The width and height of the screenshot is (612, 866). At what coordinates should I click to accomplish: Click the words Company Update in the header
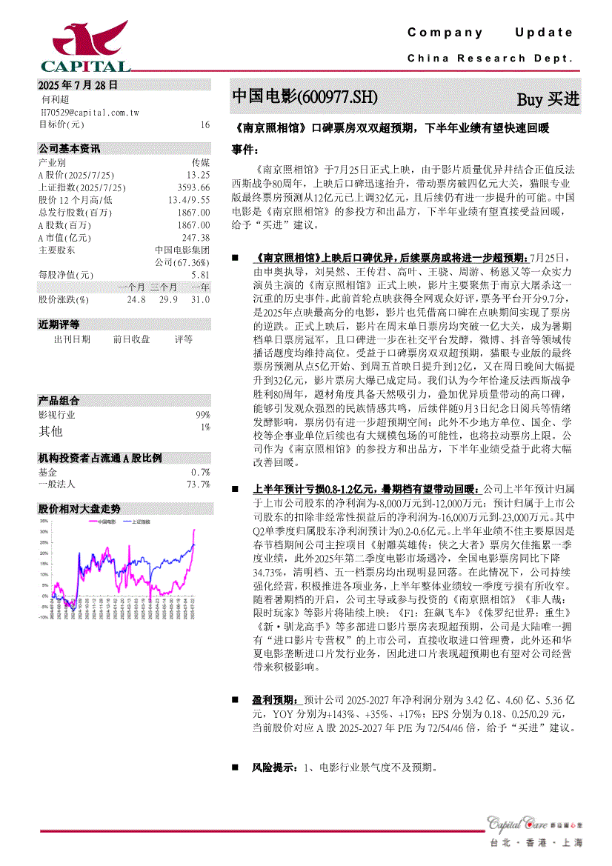tap(490, 33)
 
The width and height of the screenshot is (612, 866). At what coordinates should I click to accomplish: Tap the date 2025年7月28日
tap(78, 85)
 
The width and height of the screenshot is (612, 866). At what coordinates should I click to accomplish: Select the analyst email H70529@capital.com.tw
tap(89, 112)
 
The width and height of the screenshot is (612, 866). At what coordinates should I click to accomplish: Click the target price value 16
tap(204, 124)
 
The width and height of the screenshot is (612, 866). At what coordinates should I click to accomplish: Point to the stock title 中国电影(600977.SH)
tap(305, 97)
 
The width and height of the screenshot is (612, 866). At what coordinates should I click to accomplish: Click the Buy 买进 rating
tap(548, 99)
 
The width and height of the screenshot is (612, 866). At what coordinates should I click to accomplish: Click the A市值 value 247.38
tap(196, 238)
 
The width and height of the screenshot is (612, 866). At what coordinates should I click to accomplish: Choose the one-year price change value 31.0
tap(200, 300)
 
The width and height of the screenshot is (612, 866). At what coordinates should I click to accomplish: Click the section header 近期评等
tap(59, 324)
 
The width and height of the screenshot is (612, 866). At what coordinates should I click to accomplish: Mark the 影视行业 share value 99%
tap(202, 416)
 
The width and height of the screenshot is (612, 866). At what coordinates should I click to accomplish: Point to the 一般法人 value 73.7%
tap(198, 484)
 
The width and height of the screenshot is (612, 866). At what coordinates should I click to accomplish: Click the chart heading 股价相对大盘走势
tap(79, 509)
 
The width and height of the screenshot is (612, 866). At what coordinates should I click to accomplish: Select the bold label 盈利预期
tap(273, 699)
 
